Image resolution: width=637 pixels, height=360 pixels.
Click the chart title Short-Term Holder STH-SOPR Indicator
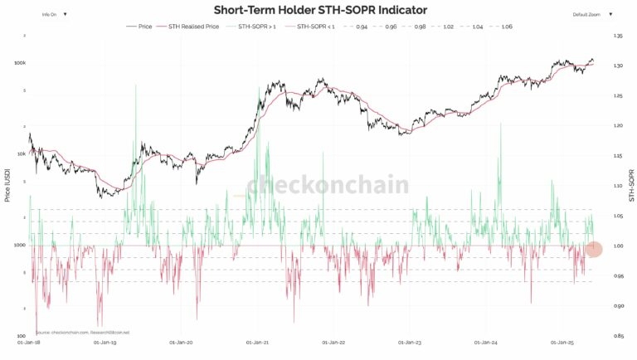pyautogui.click(x=320, y=11)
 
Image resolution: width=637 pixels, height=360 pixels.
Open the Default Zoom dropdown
pyautogui.click(x=591, y=14)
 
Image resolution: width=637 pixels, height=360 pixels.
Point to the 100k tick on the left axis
pyautogui.click(x=20, y=63)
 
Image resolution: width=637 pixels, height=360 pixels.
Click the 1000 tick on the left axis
pyautogui.click(x=21, y=246)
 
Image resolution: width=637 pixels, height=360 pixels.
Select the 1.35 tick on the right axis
pyautogui.click(x=617, y=36)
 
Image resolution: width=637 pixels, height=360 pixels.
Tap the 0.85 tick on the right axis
pyautogui.click(x=617, y=336)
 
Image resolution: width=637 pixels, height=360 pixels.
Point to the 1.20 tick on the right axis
pyautogui.click(x=617, y=126)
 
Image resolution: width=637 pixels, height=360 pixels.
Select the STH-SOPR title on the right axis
pyautogui.click(x=630, y=186)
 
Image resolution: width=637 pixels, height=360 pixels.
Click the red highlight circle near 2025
pyautogui.click(x=593, y=248)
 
